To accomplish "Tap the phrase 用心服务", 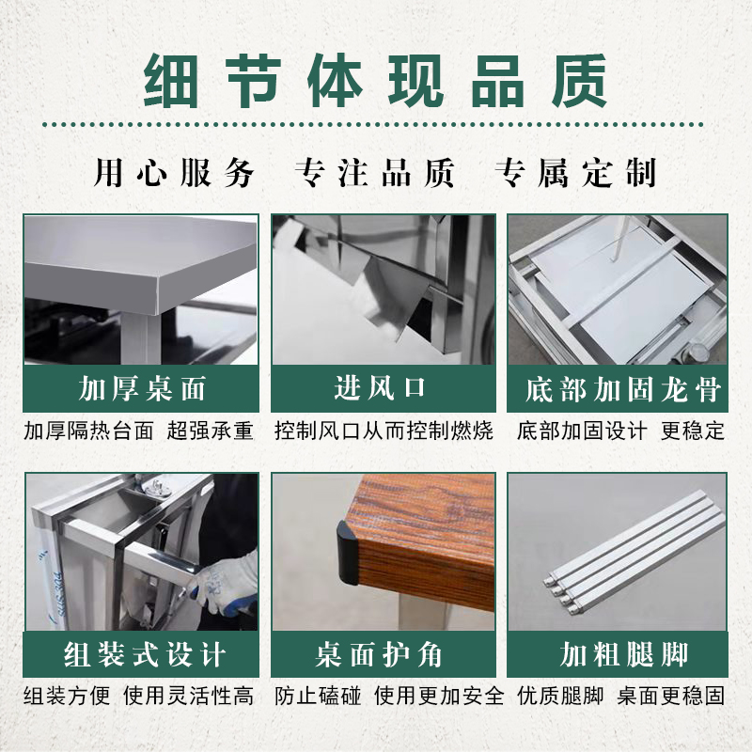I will point(175,173).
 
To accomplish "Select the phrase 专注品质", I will point(375,173).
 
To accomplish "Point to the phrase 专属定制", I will point(575,173).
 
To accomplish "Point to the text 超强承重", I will point(211,431).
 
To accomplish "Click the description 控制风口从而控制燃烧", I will point(384,431).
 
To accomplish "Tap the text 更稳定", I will point(693,431).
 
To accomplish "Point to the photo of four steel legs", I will point(618,551).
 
